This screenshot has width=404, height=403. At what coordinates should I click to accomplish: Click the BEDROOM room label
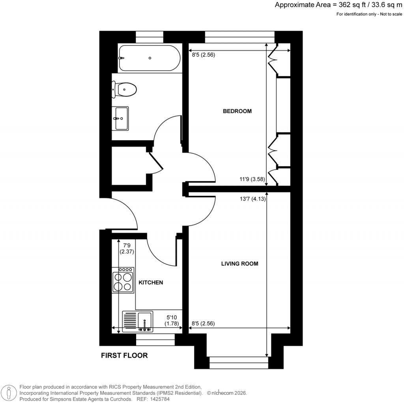pyautogui.click(x=237, y=111)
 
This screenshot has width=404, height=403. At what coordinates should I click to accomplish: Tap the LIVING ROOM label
pyautogui.click(x=239, y=264)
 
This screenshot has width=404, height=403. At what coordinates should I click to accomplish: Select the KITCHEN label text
pyautogui.click(x=150, y=282)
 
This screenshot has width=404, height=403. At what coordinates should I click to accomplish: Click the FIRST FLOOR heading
pyautogui.click(x=124, y=356)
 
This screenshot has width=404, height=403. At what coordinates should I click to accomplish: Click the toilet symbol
pyautogui.click(x=124, y=90)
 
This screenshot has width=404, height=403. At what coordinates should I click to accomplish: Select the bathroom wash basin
pyautogui.click(x=121, y=118)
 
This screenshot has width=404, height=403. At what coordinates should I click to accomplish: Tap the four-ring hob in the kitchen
pyautogui.click(x=123, y=280)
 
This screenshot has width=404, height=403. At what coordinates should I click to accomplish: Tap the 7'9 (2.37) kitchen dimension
pyautogui.click(x=127, y=248)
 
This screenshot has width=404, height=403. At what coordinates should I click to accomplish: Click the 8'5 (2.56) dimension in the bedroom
pyautogui.click(x=203, y=55)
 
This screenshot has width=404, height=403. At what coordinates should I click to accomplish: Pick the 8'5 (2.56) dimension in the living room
pyautogui.click(x=203, y=324)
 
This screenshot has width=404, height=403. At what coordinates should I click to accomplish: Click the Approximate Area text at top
pyautogui.click(x=338, y=5)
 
